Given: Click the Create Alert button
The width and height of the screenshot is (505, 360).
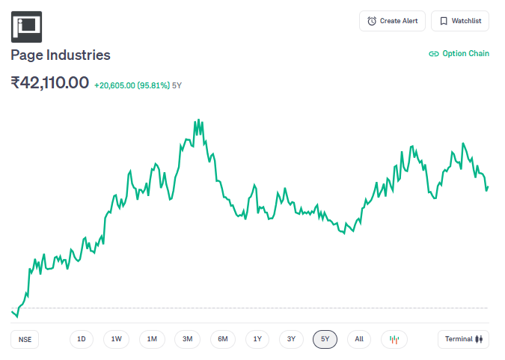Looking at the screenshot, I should [x=393, y=21].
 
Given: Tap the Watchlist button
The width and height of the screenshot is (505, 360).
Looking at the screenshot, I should [x=460, y=21].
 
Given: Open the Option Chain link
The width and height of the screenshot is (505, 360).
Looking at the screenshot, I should [x=459, y=54].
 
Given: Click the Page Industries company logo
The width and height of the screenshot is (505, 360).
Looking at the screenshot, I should [x=26, y=26].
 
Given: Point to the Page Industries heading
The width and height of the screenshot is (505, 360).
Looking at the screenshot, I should [x=61, y=55].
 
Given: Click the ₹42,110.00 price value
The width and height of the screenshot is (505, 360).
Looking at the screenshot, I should [x=50, y=82].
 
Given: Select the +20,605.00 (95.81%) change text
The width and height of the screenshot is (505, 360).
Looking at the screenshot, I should [x=132, y=85].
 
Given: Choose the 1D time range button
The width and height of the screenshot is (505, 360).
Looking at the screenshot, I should [x=82, y=339].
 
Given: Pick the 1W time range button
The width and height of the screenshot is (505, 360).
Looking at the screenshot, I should [x=117, y=339].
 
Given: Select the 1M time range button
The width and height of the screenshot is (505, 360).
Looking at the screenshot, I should [x=152, y=339].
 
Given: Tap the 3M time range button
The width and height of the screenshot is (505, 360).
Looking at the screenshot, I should [x=188, y=339].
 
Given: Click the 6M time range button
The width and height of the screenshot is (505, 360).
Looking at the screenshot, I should [x=223, y=339].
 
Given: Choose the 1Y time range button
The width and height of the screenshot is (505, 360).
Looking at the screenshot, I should [x=257, y=339].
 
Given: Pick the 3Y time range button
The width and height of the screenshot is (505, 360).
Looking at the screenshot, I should [x=291, y=339].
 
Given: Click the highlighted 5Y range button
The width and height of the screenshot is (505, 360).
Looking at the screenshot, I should [x=325, y=339].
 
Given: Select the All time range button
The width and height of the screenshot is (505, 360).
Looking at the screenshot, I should [x=359, y=339].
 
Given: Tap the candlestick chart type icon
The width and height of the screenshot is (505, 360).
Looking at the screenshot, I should [x=394, y=339].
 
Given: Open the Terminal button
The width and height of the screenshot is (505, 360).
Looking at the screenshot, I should [x=463, y=339].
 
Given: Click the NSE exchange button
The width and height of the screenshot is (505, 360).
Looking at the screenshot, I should [x=25, y=339].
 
